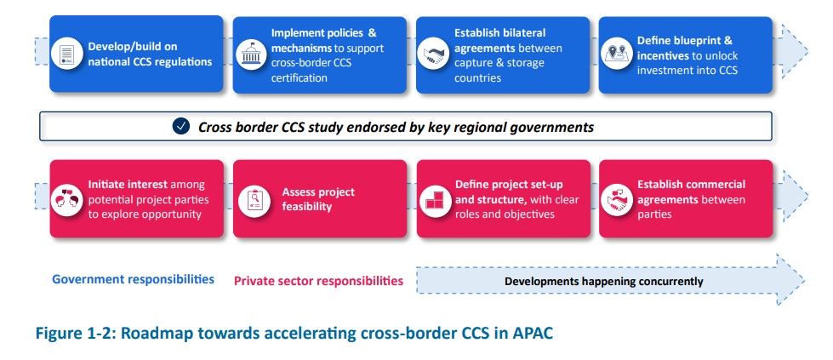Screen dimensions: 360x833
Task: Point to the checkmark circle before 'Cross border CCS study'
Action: point(180,127)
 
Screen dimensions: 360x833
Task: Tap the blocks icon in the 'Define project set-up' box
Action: point(432,199)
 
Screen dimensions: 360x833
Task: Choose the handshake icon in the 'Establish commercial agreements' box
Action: point(616,199)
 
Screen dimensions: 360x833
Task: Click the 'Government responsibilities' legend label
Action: point(133,279)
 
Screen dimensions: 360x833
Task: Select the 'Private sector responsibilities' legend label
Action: point(318,280)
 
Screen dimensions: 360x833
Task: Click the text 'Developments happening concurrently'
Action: point(603,281)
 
